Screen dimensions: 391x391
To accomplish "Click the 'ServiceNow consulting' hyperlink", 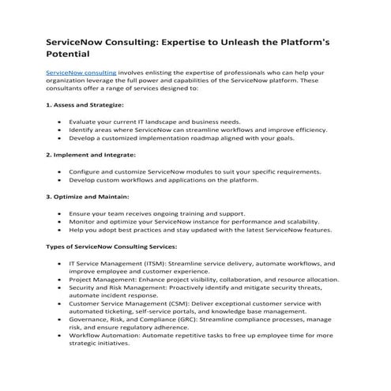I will tap(81, 72).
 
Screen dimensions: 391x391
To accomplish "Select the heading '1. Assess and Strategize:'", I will tap(85, 104).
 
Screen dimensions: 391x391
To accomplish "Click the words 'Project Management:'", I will tap(103, 279).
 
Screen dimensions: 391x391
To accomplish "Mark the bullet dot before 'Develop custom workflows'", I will tap(61, 179).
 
